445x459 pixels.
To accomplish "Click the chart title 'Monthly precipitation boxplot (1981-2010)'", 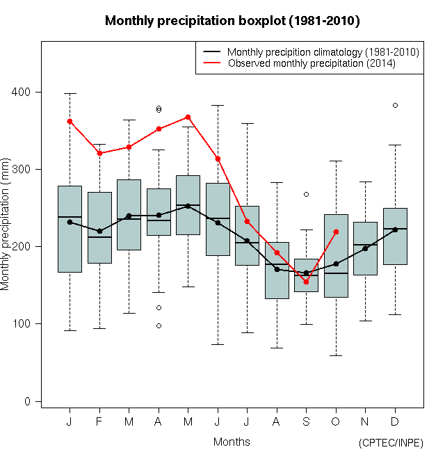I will [232, 21].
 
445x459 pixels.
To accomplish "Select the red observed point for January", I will [70, 121].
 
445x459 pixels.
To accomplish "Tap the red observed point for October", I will [336, 232].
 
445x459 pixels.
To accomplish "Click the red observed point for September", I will [306, 282].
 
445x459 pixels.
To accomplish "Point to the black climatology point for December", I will [395, 229].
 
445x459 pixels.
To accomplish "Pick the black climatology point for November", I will [365, 248].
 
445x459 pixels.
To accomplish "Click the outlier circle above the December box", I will [395, 105].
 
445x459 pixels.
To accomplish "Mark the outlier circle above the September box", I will [306, 194].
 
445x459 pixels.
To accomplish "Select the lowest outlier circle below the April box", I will [159, 325].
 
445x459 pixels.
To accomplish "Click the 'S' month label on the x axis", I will [306, 421].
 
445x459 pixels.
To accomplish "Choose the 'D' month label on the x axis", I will [395, 421].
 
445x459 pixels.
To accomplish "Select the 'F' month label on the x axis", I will [99, 421].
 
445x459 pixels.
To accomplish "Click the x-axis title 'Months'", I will [232, 442].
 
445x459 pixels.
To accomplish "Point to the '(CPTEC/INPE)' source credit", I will [391, 443].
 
